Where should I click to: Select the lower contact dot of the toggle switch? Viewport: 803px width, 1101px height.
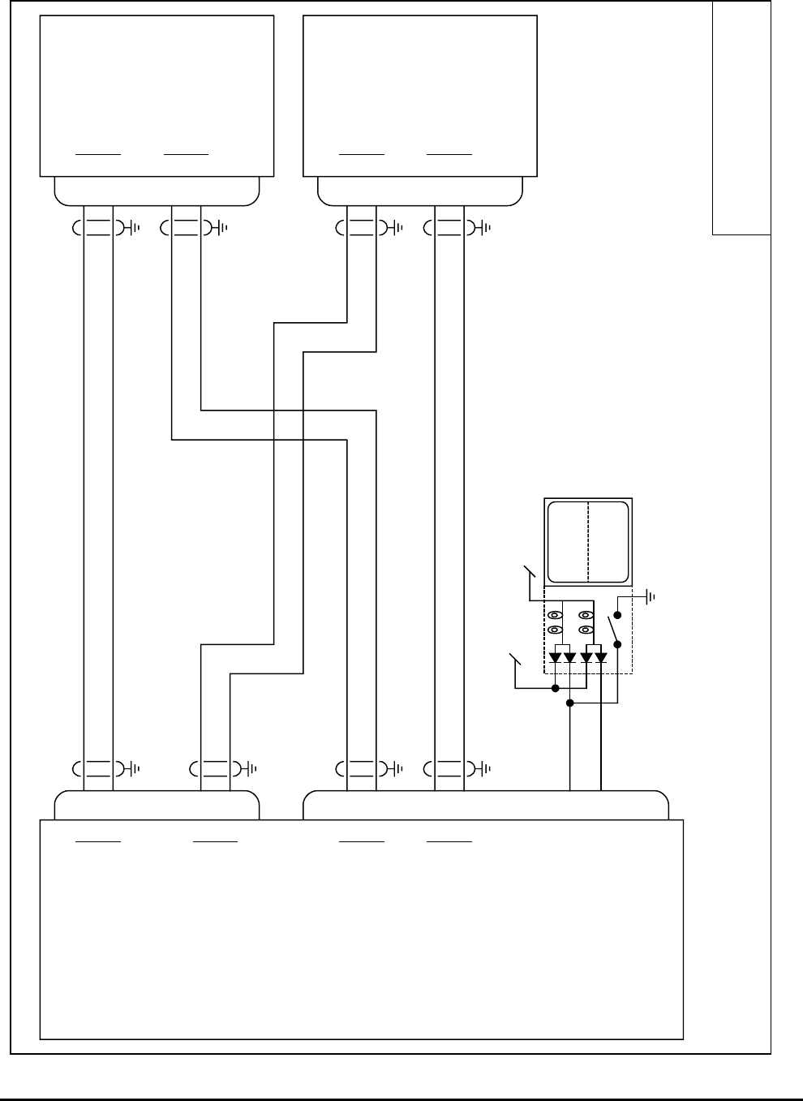618,645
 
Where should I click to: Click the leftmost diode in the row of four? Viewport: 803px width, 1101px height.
555,657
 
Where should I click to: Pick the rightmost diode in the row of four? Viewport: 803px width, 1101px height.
601,657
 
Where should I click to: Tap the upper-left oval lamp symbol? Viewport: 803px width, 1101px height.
555,615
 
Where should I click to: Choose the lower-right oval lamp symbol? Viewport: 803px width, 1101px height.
585,630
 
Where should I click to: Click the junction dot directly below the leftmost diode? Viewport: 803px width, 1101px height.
555,689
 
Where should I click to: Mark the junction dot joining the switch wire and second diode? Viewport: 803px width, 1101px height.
570,703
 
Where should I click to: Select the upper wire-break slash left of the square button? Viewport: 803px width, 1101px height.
530,571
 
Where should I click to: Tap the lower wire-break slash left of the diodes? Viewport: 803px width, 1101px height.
514,660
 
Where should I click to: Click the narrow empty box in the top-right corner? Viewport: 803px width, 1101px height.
741,118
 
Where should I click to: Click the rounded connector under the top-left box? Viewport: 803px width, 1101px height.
157,191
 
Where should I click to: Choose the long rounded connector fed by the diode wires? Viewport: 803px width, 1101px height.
485,805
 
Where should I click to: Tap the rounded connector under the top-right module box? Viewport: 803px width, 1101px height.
419,191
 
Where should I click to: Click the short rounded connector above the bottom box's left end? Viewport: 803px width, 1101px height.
157,805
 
